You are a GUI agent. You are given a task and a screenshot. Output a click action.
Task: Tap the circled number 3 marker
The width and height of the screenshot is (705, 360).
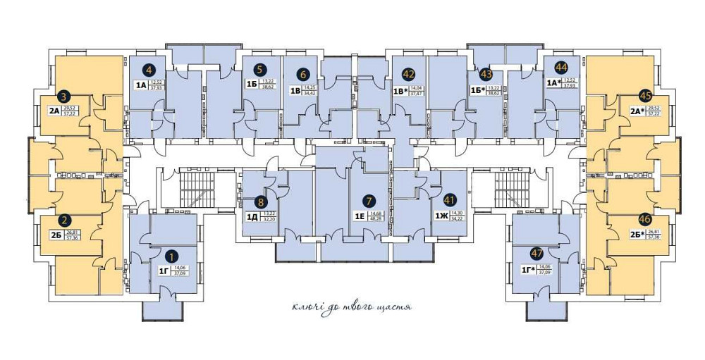click(63, 97)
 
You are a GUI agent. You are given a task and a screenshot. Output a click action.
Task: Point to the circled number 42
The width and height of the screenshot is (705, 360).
click(407, 74)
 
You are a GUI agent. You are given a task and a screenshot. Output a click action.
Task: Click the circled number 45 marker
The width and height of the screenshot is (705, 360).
click(644, 96)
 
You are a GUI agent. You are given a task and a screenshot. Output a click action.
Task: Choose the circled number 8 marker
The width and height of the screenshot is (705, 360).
click(261, 202)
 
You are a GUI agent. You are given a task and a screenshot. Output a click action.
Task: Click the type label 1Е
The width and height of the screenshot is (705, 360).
click(359, 216)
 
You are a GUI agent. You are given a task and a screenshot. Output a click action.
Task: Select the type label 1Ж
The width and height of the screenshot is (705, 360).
click(441, 216)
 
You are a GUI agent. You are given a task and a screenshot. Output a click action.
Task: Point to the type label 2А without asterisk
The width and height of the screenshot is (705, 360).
click(54, 111)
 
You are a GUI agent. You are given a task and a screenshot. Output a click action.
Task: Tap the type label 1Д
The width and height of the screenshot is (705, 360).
click(252, 216)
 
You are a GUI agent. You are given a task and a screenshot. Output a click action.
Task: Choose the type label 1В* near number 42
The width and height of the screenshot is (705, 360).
click(400, 90)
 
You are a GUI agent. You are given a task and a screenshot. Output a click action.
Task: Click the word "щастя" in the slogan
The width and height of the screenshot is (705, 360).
click(395, 308)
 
